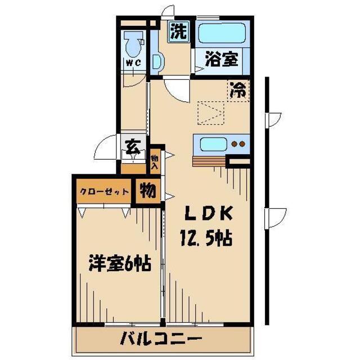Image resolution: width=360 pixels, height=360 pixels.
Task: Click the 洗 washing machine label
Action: [179, 32]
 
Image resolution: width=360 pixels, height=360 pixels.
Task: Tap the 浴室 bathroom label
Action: [221, 59]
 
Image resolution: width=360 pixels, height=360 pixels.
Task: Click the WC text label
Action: [133, 62]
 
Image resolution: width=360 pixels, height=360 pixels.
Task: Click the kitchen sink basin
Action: [213, 143]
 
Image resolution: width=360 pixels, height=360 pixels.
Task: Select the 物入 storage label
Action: [155, 162]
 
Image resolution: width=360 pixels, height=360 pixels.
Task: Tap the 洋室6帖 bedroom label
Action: [119, 263]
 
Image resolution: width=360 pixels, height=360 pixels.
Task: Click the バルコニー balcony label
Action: [161, 339]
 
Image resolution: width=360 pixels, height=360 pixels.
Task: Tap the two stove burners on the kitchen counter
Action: [238, 143]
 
